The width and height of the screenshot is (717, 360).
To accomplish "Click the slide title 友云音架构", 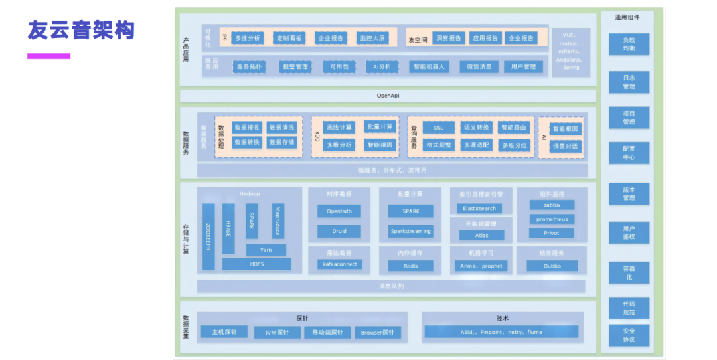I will [x=81, y=31].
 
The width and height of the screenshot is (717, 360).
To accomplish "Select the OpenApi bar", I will [x=388, y=96].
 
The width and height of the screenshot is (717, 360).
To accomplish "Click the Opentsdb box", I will [x=339, y=211].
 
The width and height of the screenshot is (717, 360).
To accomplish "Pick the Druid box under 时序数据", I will [x=339, y=231].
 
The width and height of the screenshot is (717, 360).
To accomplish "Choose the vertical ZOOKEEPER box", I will [x=208, y=237].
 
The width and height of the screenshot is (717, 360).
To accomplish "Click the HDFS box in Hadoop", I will [x=256, y=264].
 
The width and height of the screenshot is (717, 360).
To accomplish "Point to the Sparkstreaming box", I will [x=410, y=231].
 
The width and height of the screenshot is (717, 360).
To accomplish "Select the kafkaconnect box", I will [x=339, y=264].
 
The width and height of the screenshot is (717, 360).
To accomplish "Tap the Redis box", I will [x=411, y=266].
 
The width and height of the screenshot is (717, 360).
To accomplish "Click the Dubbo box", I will [x=552, y=266].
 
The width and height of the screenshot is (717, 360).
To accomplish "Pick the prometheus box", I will [x=552, y=219].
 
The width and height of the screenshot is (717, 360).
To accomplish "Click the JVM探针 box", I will [x=278, y=332].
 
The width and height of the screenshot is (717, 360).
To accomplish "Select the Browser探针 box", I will [x=377, y=332].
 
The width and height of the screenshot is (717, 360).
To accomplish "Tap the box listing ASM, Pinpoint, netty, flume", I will [x=501, y=331].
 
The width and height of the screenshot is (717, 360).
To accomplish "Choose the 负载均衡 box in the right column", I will [x=629, y=45].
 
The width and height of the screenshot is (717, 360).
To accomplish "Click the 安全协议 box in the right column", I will [x=629, y=335].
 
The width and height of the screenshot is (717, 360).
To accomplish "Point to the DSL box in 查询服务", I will [x=438, y=127].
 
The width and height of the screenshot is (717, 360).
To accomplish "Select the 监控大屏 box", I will [x=372, y=38].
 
